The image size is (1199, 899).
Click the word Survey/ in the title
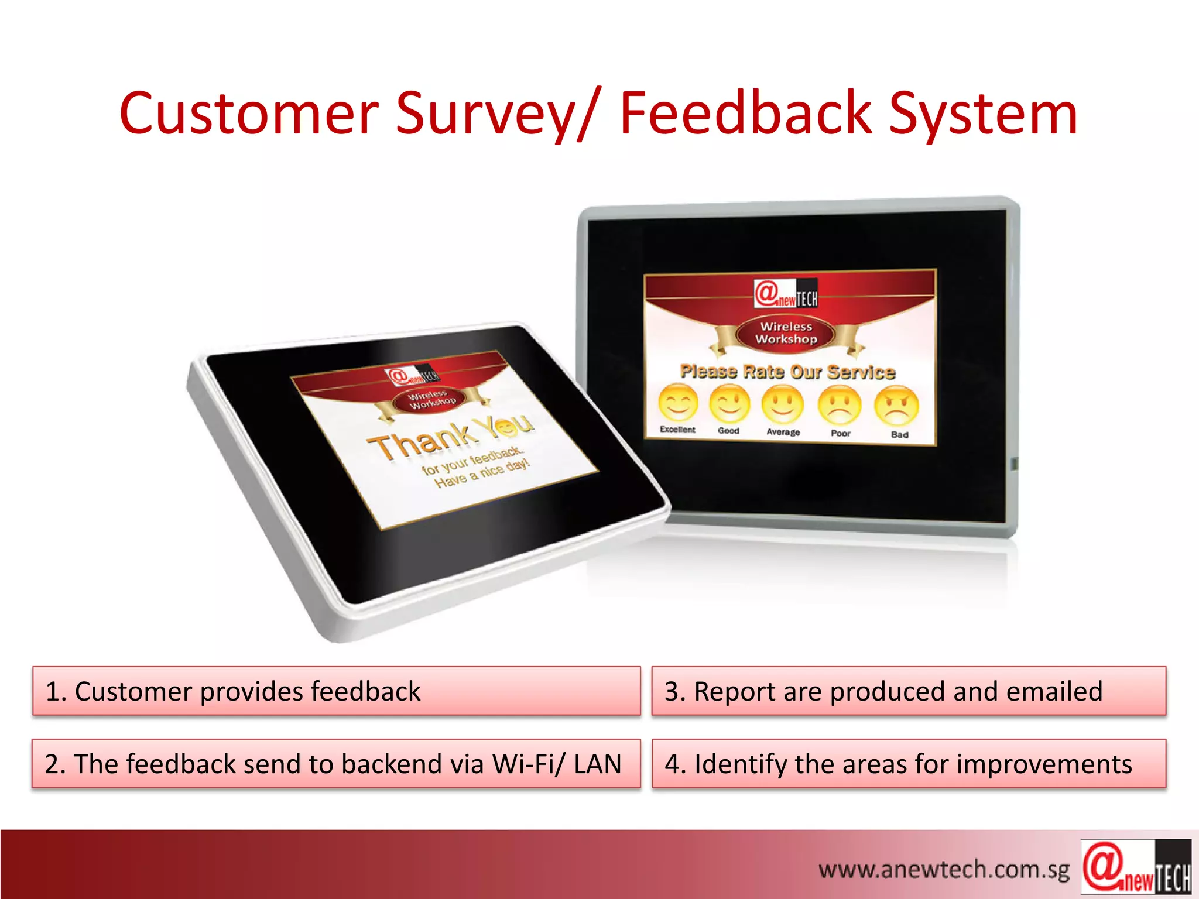click(x=495, y=114)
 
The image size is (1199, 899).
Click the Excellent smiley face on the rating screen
click(x=678, y=403)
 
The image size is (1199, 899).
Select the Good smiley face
click(x=729, y=404)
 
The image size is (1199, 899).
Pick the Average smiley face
click(x=783, y=405)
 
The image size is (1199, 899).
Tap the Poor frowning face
click(x=840, y=406)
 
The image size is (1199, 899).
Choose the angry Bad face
click(x=896, y=407)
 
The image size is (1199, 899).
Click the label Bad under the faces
click(x=899, y=435)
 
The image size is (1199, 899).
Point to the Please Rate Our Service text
click(x=787, y=372)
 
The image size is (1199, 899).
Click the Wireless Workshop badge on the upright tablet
click(x=786, y=333)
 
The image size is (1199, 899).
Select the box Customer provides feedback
click(x=336, y=691)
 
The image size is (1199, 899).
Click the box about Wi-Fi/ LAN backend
click(x=336, y=764)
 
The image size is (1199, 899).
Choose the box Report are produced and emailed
click(x=908, y=691)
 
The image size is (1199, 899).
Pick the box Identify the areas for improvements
click(x=908, y=764)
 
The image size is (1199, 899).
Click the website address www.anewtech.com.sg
click(x=944, y=870)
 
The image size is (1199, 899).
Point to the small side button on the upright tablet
click(x=1015, y=464)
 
